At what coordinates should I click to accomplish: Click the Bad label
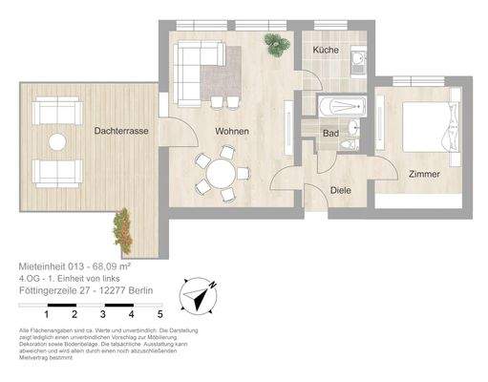[x=331, y=134]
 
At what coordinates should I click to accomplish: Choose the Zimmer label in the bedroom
[x=423, y=175]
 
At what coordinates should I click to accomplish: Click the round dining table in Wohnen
[x=222, y=174]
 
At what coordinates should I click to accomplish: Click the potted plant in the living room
[x=275, y=42]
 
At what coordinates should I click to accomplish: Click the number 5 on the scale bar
[x=160, y=313]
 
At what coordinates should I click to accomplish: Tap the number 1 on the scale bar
[x=47, y=313]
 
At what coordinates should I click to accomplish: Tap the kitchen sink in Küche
[x=355, y=62]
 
